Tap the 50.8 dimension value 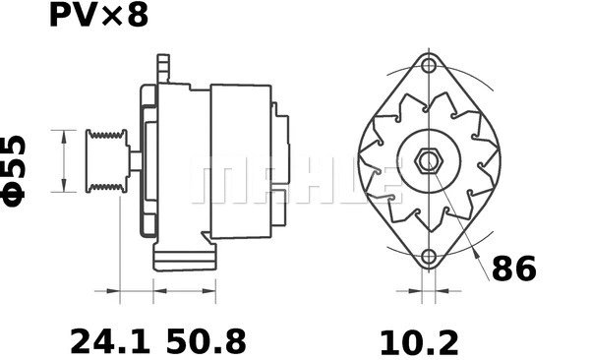(206, 341)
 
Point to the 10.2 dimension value (420, 341)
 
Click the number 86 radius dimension (513, 270)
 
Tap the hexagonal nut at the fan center (429, 160)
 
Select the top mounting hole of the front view (429, 66)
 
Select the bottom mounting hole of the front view (429, 258)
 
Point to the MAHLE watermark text (295, 182)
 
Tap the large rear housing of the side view (241, 159)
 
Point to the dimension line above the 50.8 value (187, 292)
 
